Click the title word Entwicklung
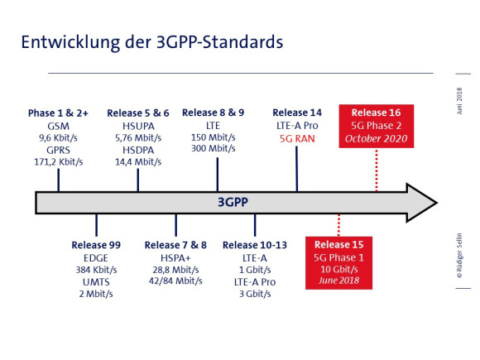pos(70,42)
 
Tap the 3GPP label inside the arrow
pos(233,203)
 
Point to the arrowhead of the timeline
pos(422,203)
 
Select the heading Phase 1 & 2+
pos(58,113)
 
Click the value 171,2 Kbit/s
pos(59,161)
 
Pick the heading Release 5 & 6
pos(138,113)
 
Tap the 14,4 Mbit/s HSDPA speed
pos(138,161)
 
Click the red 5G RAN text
pos(297,139)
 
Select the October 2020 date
pos(377,139)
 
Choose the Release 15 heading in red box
pos(338,245)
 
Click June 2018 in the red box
pos(338,281)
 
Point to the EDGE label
pos(96,258)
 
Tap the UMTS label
pos(96,282)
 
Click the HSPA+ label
pos(175,258)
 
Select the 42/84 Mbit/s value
pos(175,281)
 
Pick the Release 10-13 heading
pos(255,245)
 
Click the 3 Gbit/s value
pos(255,294)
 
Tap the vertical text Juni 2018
pos(459,101)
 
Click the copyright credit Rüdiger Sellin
pos(459,256)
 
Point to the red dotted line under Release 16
pos(377,170)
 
